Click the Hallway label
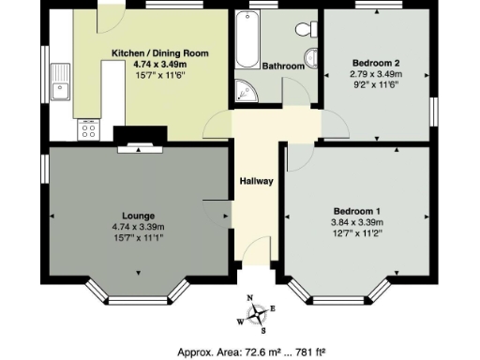click(x=256, y=181)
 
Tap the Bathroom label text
click(x=282, y=67)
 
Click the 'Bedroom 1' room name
click(x=355, y=211)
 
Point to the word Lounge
click(x=138, y=216)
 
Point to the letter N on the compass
click(x=250, y=298)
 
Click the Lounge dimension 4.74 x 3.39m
click(x=138, y=227)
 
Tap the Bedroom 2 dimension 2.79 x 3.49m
click(x=375, y=73)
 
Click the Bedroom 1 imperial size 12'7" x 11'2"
click(x=355, y=233)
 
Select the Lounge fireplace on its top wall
click(x=139, y=145)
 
